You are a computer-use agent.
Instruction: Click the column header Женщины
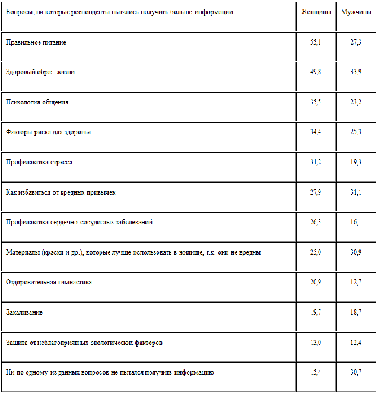coord(315,12)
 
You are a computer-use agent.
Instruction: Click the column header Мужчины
coord(355,12)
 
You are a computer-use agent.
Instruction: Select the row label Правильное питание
coord(36,42)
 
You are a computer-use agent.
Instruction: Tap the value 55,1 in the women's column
coord(315,42)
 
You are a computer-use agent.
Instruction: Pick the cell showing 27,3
coord(355,42)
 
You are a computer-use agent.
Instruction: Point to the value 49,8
coord(315,72)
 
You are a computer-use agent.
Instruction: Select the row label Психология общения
coord(37,102)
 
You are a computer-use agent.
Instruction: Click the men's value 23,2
coord(355,102)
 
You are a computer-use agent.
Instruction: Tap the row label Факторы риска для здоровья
coord(49,132)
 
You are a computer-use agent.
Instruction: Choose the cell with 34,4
coord(315,132)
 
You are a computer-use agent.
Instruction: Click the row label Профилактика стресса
coord(39,162)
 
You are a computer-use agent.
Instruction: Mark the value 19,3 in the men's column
coord(355,162)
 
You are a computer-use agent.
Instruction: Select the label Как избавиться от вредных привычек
coord(61,192)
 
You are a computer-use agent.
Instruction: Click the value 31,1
coord(355,192)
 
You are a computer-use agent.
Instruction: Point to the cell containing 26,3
coord(315,222)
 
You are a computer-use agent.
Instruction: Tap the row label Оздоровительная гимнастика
coord(49,283)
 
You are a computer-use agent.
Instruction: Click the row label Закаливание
coord(24,312)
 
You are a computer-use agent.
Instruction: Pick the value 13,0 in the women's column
coord(315,343)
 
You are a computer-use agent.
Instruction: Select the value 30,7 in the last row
coord(355,372)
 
